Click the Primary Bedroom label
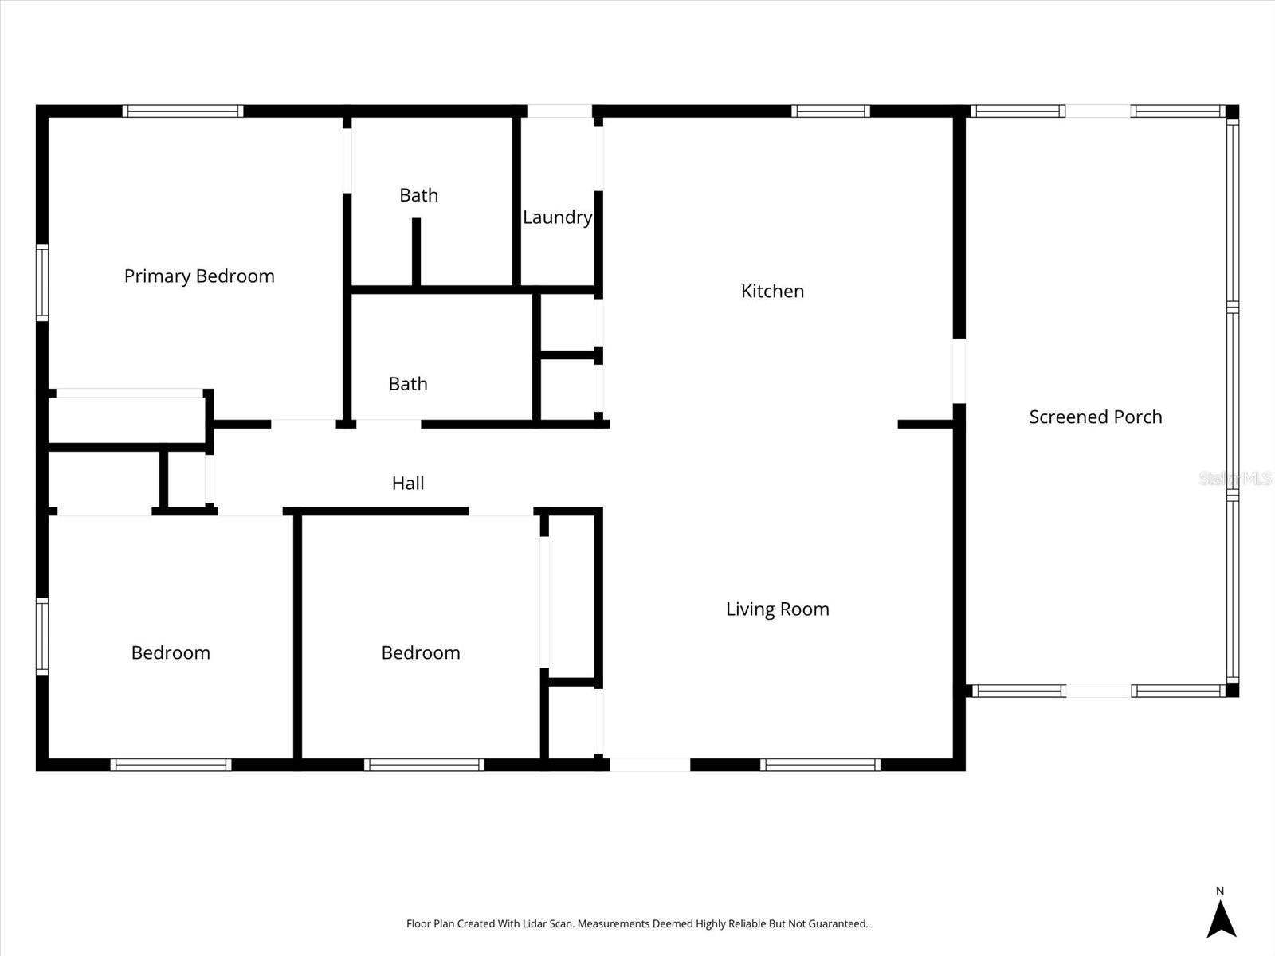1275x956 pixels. point(199,276)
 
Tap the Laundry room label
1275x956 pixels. point(557,217)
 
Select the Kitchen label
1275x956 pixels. point(772,292)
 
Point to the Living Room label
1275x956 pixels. point(777,609)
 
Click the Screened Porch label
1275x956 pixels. point(1095,417)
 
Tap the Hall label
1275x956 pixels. point(407,484)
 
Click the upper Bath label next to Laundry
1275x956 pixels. point(418,195)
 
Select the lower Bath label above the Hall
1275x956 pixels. point(408,384)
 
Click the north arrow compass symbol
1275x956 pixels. point(1221,919)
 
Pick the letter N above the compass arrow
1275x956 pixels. point(1219,891)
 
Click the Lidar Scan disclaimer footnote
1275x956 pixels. point(637,924)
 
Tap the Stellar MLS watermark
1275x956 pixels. point(1234,479)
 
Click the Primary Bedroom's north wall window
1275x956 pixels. point(182,112)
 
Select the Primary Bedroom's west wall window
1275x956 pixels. point(42,283)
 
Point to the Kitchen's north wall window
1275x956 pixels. point(830,112)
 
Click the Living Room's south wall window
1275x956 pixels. point(820,765)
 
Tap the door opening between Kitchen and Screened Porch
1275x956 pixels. point(959,370)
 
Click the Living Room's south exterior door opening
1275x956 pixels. point(649,765)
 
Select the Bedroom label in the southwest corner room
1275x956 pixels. point(171,653)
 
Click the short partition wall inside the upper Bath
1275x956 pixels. point(416,251)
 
